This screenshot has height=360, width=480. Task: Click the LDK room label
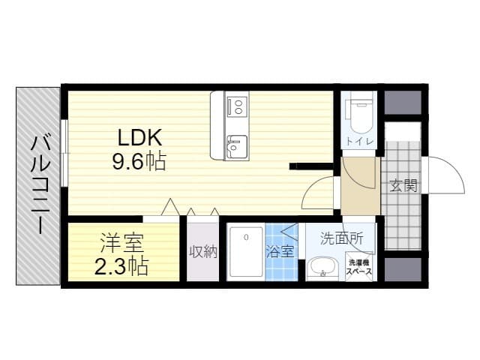tap(139, 138)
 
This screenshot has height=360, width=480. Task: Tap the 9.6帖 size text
tap(139, 161)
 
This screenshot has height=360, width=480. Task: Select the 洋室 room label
tap(122, 242)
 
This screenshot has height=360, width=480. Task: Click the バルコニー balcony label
tap(40, 185)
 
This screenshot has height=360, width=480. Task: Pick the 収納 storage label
tap(203, 252)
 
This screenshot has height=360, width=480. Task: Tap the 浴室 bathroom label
tap(280, 252)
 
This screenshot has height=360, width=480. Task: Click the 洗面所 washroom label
tap(341, 238)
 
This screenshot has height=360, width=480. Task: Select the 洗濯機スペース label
tap(358, 267)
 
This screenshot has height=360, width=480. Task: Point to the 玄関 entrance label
tap(403, 185)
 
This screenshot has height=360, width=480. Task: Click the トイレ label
tap(360, 142)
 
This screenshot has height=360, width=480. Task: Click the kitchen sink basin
tap(237, 146)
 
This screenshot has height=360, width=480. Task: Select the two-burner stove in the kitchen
tap(237, 106)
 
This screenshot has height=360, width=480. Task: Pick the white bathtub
tap(247, 252)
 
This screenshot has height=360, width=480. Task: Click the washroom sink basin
tap(322, 268)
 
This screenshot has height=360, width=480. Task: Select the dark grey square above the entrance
tap(403, 103)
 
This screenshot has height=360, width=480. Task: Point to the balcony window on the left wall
tap(64, 153)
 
